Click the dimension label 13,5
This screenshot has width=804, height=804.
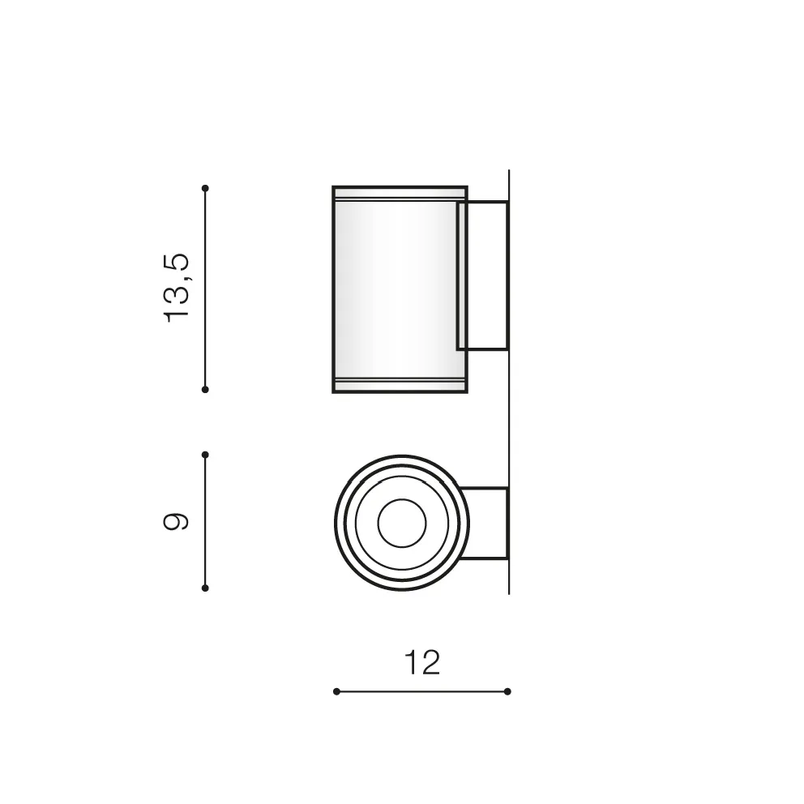(176, 288)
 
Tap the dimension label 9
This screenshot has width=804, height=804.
(176, 521)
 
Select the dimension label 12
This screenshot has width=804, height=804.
(422, 662)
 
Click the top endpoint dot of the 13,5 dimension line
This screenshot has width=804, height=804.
(205, 188)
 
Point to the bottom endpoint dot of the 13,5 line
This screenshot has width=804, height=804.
(205, 390)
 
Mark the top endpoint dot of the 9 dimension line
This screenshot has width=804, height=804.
(205, 455)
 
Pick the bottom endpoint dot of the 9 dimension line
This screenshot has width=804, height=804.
(205, 588)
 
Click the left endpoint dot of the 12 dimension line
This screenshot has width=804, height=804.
(336, 691)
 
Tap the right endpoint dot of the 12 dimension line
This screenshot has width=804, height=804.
(507, 691)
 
